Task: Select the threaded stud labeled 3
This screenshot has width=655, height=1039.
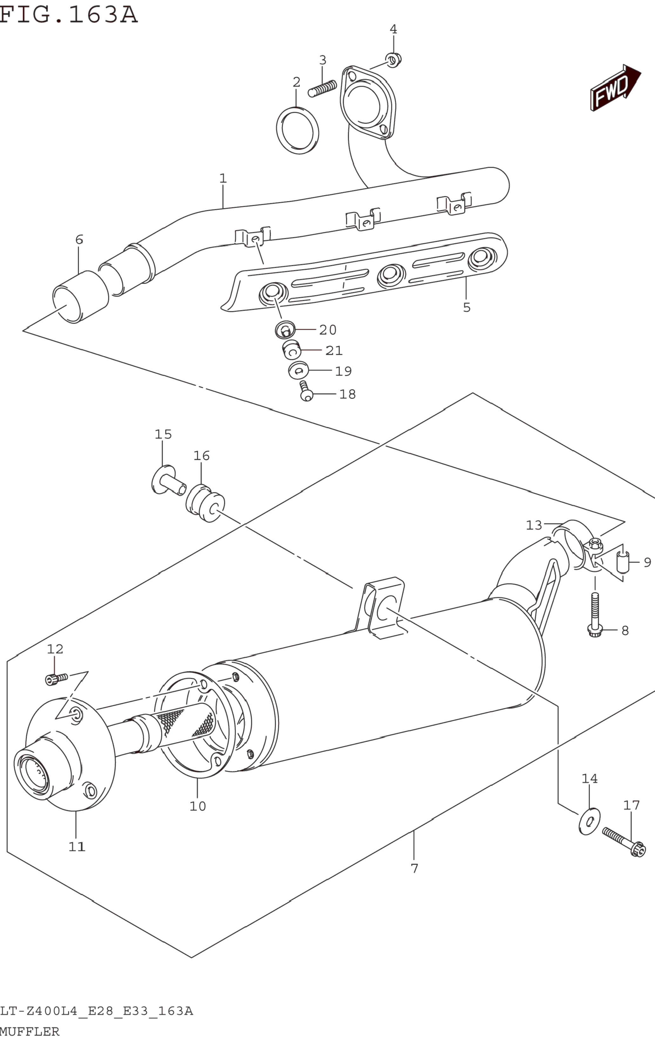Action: click(x=322, y=88)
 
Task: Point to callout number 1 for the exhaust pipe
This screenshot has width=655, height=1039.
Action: click(x=223, y=178)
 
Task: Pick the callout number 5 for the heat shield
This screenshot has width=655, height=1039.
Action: click(x=466, y=307)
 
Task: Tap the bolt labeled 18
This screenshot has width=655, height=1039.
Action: click(x=306, y=391)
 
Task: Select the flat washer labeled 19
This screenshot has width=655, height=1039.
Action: click(x=299, y=370)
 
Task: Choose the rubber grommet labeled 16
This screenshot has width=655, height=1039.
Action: click(x=205, y=503)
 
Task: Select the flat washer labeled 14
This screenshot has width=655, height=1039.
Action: click(x=589, y=821)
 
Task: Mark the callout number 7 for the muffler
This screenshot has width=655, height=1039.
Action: click(x=414, y=868)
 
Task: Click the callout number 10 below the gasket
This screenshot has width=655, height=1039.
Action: click(x=198, y=806)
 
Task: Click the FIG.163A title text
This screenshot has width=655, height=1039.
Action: click(x=68, y=14)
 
